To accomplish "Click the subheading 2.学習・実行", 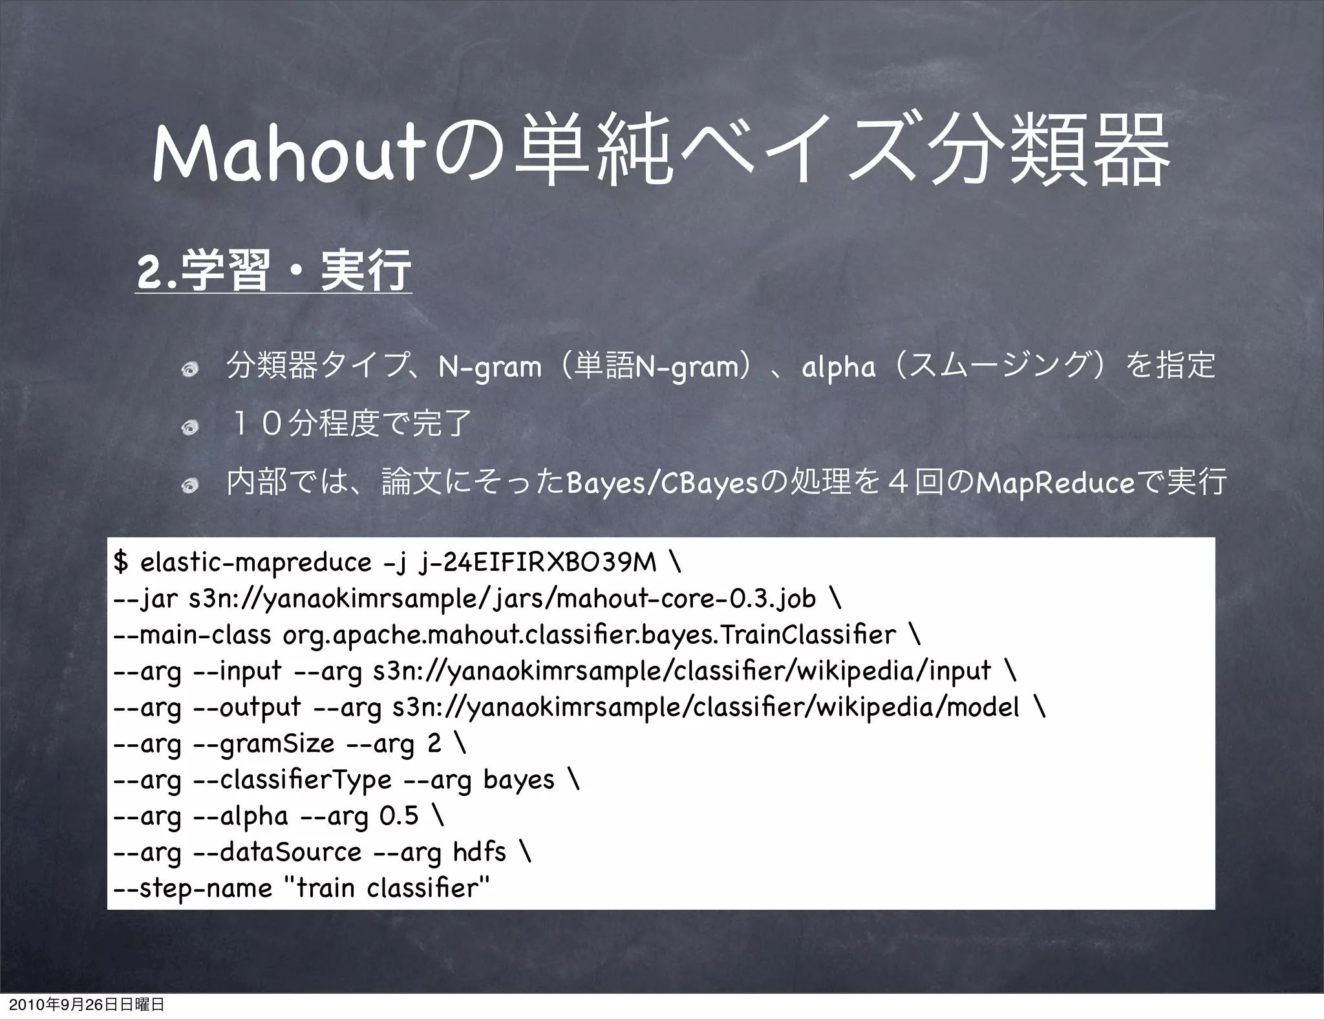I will click(x=273, y=272).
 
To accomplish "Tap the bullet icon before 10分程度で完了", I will click(x=190, y=427).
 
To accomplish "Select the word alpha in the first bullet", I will click(x=838, y=367).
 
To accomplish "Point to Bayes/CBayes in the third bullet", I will click(x=661, y=482).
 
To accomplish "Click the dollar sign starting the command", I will click(x=120, y=561).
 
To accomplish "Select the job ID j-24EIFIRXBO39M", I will click(x=537, y=561).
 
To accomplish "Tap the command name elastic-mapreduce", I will click(x=256, y=561).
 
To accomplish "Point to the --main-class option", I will click(x=191, y=634).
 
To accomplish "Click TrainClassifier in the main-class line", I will click(x=807, y=634).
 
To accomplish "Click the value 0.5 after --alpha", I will click(x=400, y=815).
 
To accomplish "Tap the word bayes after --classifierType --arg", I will click(x=518, y=779).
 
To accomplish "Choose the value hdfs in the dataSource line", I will click(x=479, y=852).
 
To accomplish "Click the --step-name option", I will click(x=192, y=888).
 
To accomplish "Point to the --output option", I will click(x=248, y=707).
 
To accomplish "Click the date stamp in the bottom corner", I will click(x=82, y=1005).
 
